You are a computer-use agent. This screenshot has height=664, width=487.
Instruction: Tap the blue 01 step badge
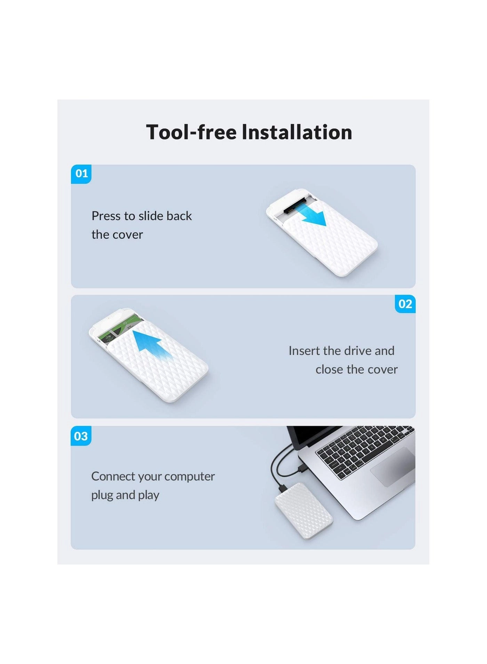81,174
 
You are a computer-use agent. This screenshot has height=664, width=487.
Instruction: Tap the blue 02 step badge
405,304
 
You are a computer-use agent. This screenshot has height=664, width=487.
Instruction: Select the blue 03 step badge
81,436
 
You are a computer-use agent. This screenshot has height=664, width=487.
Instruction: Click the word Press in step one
106,216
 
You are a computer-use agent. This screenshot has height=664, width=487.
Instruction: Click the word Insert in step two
304,351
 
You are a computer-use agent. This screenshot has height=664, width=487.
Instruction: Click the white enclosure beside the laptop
304,511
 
